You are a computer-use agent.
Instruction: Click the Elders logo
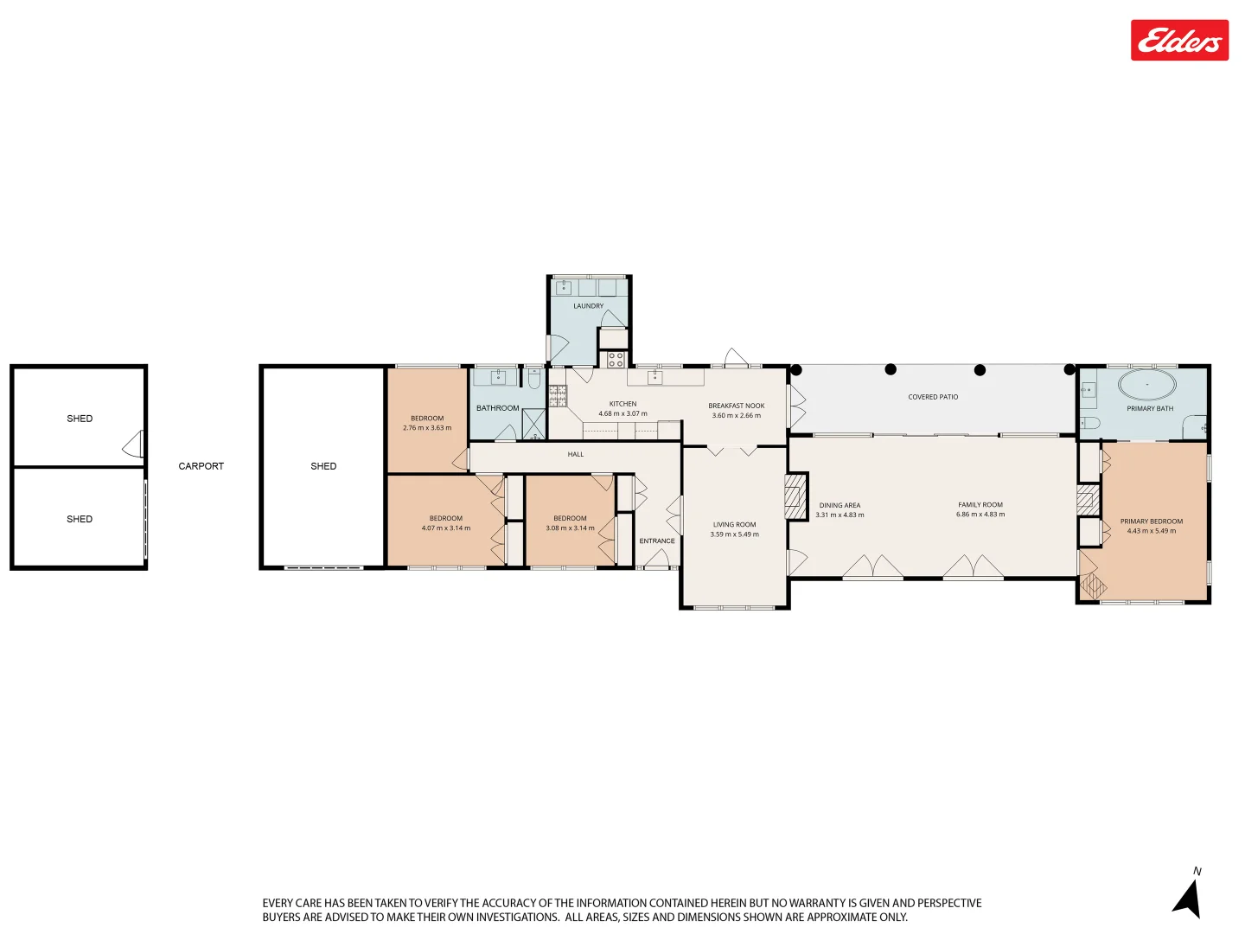point(1179,41)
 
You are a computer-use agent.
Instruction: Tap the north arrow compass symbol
point(1188,897)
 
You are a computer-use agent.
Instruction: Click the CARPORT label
point(201,466)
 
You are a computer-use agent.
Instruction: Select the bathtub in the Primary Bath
point(1147,384)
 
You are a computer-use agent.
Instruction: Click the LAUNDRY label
point(588,306)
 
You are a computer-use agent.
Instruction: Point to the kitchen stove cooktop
point(616,359)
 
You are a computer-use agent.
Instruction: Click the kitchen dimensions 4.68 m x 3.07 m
point(622,414)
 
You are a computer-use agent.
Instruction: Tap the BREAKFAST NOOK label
point(737,406)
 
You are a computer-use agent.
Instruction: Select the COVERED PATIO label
point(933,397)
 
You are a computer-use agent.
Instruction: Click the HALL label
point(576,454)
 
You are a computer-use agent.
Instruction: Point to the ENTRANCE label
point(657,541)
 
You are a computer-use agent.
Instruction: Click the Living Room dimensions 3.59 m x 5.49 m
point(734,534)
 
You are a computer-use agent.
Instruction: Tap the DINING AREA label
point(840,505)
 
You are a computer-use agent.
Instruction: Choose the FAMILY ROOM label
point(980,505)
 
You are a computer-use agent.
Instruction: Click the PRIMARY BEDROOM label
point(1152,521)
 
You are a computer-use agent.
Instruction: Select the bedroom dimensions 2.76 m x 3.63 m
point(427,428)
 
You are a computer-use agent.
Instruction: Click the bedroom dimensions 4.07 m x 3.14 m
point(446,528)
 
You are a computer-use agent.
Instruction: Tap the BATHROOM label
point(498,408)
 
